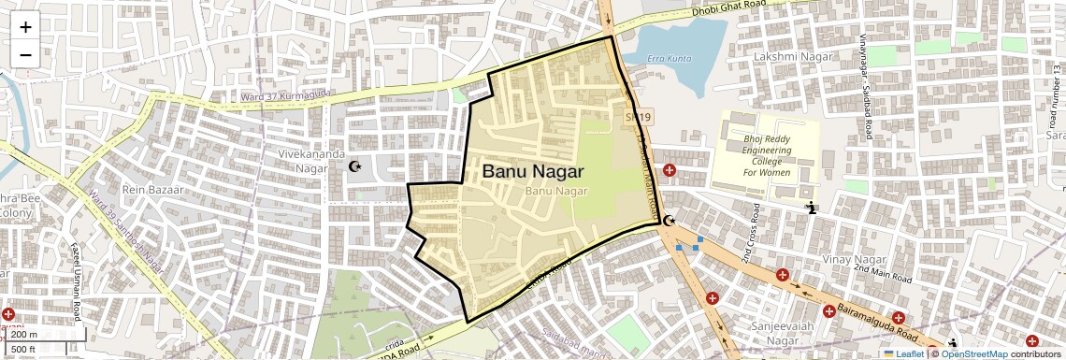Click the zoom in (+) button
pyautogui.click(x=25, y=27)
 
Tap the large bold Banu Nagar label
pyautogui.click(x=532, y=172)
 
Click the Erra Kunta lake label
pyautogui.click(x=670, y=59)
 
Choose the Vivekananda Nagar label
pyautogui.click(x=310, y=161)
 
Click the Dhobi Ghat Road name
pyautogui.click(x=729, y=10)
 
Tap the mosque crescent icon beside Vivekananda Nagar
pyautogui.click(x=354, y=166)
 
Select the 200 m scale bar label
pyautogui.click(x=25, y=334)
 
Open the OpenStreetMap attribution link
pyautogui.click(x=973, y=353)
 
